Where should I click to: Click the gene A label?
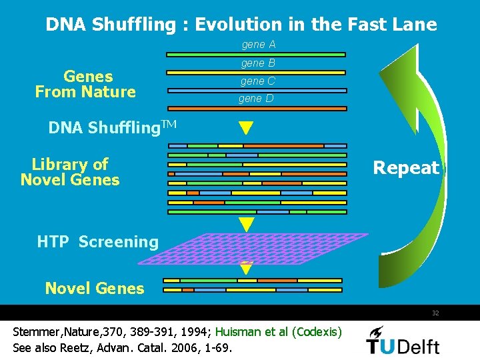258,45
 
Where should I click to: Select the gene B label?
258,63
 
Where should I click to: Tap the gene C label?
257,81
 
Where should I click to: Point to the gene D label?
256,99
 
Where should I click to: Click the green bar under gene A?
257,54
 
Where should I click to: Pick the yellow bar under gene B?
257,72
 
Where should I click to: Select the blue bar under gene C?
257,90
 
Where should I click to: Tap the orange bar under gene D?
257,108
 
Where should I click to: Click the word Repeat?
406,167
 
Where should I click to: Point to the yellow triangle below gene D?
247,127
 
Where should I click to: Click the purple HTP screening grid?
267,248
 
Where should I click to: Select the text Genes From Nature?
85,85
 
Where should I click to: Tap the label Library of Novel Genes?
70,172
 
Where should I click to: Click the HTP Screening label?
98,242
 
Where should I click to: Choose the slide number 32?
435,313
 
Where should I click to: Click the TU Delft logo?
403,340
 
